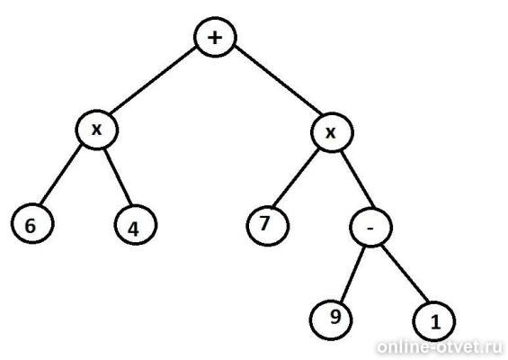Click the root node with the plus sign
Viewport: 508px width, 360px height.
(x=215, y=37)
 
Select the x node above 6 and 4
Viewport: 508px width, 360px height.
(x=97, y=130)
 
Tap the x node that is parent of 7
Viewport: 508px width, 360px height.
(x=332, y=132)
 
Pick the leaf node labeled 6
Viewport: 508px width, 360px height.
(x=32, y=223)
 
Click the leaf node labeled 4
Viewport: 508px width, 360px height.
(x=136, y=225)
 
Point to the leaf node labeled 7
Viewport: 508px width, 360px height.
(x=268, y=225)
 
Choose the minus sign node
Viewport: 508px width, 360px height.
(x=371, y=228)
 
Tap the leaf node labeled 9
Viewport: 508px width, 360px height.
(x=331, y=319)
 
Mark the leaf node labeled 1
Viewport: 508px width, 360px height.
(x=434, y=321)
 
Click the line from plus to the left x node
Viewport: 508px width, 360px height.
(x=153, y=80)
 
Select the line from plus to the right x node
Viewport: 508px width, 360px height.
(x=278, y=80)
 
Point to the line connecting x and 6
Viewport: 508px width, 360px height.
(x=61, y=175)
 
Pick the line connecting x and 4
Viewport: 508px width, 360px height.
(x=118, y=177)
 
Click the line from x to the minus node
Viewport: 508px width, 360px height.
(x=358, y=180)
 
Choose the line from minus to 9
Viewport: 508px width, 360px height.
(x=352, y=274)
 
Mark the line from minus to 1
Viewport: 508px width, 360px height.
(x=406, y=274)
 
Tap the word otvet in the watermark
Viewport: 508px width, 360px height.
(x=460, y=348)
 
